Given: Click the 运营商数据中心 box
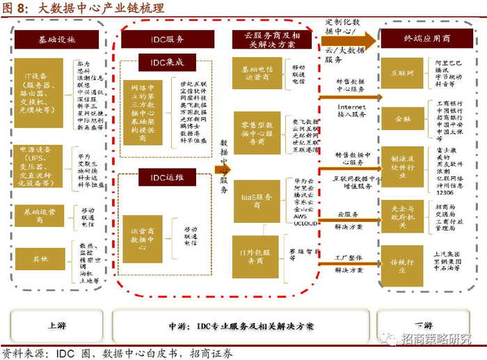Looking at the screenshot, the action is [x=143, y=234].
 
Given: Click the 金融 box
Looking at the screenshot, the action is [x=402, y=119].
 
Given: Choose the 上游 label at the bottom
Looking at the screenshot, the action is [x=57, y=325].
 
